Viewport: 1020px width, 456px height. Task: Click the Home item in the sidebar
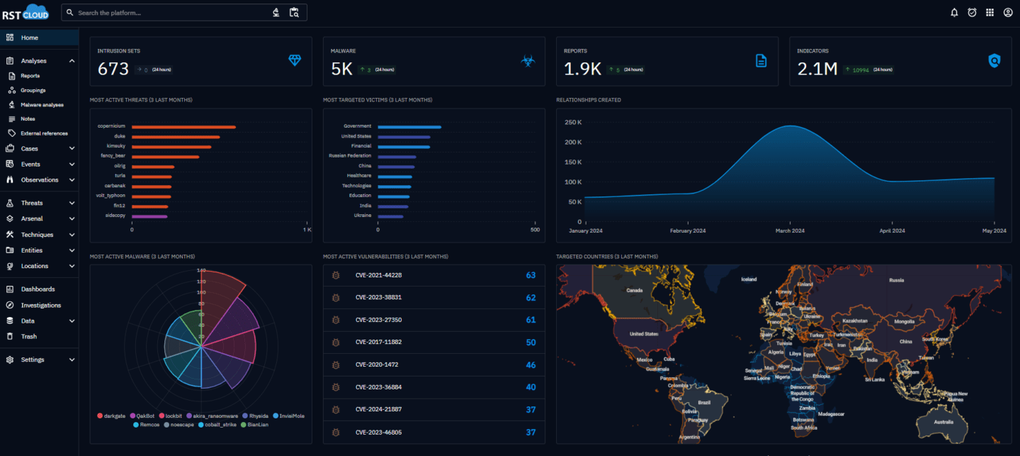tap(29, 38)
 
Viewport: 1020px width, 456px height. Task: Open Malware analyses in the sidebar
tap(42, 105)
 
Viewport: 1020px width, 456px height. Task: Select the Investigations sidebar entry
tap(40, 305)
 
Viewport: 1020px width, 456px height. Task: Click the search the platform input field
tap(170, 13)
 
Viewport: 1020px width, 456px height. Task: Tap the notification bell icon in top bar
tap(954, 12)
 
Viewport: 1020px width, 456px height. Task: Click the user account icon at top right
tap(1008, 12)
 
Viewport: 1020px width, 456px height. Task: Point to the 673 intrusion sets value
tap(113, 69)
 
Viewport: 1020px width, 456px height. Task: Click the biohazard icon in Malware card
tap(528, 62)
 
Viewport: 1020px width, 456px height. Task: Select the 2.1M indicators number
tap(817, 69)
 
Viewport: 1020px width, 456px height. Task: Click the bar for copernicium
tap(183, 127)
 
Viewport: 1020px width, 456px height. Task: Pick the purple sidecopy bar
tap(149, 216)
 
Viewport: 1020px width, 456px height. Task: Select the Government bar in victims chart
tap(409, 127)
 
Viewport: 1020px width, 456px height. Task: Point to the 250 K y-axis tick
tap(573, 122)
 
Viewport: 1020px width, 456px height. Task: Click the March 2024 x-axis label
tap(790, 230)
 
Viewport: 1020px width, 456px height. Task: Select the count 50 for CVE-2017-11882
tap(531, 343)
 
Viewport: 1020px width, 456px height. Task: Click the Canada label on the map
tap(634, 290)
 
